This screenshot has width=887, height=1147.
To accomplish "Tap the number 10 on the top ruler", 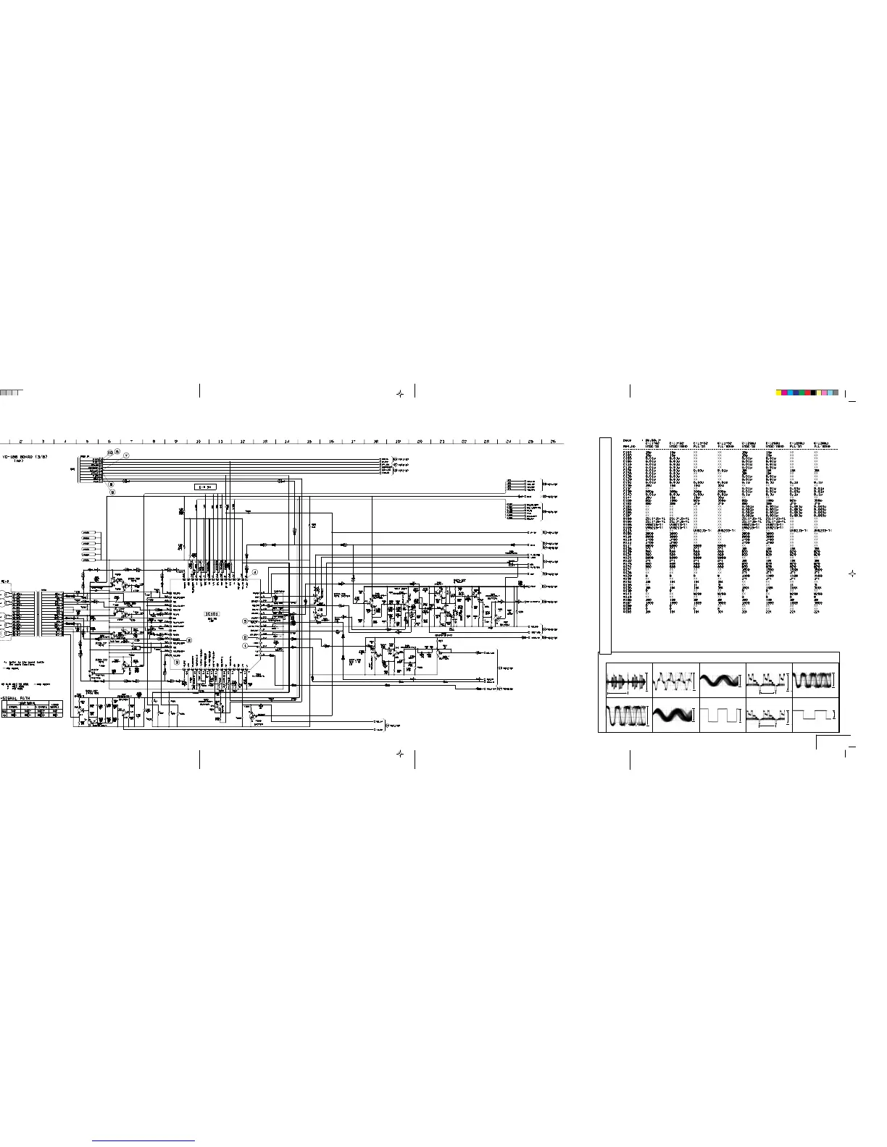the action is click(198, 441).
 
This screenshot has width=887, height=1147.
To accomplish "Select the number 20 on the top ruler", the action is click(420, 441).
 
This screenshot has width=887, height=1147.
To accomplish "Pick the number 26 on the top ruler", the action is click(552, 441).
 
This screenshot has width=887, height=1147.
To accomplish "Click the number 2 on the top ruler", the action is click(21, 441).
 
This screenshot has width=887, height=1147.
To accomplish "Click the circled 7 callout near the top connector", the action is click(126, 455).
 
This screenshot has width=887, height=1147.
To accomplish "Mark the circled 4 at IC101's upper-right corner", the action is click(255, 572).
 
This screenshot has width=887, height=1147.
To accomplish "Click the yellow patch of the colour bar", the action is click(778, 392).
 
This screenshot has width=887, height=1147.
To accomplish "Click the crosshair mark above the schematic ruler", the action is click(399, 394).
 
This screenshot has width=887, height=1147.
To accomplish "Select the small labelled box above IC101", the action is click(207, 487).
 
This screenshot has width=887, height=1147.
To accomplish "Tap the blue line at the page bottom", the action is click(144, 1140).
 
